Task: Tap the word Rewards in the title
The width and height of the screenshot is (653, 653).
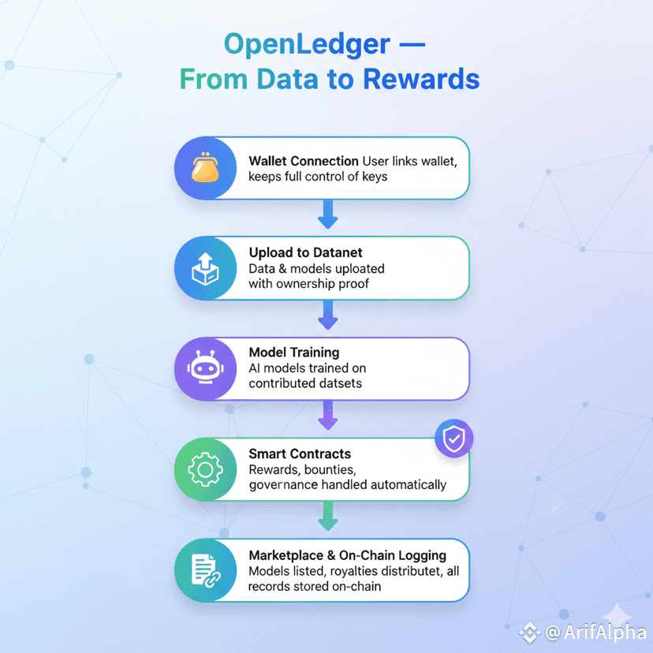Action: [x=421, y=79]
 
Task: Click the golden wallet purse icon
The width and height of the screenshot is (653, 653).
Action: [x=205, y=167]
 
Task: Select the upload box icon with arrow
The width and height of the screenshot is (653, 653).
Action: [x=205, y=269]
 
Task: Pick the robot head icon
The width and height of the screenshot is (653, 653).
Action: [x=205, y=368]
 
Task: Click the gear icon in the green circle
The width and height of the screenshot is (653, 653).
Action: [x=205, y=470]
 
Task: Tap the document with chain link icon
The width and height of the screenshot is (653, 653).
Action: [x=206, y=570]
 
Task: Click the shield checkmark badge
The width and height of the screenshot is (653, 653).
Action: [x=454, y=438]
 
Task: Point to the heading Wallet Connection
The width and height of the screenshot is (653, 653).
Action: [x=304, y=161]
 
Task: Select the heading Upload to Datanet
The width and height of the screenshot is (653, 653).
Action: [x=306, y=252]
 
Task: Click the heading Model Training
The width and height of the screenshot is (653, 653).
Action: [x=294, y=353]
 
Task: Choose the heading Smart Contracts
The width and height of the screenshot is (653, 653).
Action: [x=300, y=453]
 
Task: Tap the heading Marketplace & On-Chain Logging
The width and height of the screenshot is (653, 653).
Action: [x=347, y=555]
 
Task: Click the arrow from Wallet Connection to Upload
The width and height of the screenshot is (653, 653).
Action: [x=328, y=214]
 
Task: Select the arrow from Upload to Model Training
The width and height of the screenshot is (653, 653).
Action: [x=328, y=315]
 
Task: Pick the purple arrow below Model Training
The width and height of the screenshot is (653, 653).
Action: [x=328, y=415]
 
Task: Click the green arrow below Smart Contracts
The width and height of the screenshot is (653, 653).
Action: [x=328, y=516]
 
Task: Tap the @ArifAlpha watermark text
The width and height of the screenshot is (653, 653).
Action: [x=595, y=632]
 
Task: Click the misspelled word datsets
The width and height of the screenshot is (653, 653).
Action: [x=338, y=383]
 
